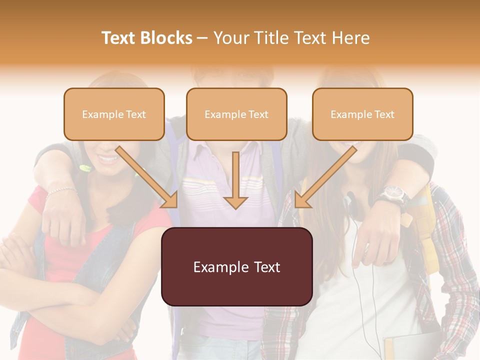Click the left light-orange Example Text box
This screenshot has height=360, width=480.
point(114,114)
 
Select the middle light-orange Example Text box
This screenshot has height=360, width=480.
point(236,114)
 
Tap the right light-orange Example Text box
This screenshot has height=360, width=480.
point(362,114)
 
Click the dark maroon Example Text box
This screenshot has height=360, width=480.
point(236,266)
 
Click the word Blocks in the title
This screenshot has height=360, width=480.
point(167,38)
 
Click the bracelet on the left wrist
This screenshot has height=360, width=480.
point(61,190)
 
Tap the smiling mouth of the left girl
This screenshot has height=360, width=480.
point(108,158)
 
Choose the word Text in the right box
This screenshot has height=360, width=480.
point(384,114)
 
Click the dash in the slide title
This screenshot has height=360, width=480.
point(203,38)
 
